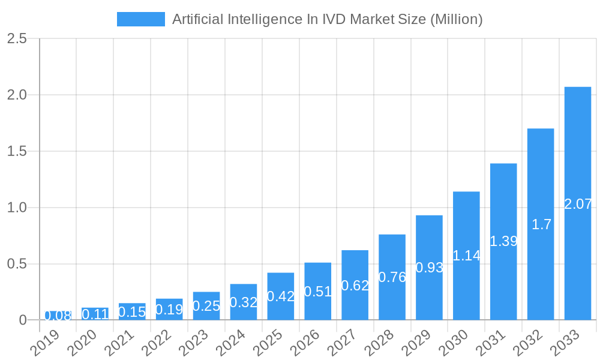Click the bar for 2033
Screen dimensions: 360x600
click(577, 203)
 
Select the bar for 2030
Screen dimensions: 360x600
click(466, 256)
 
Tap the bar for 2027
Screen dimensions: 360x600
click(355, 285)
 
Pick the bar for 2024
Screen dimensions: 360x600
click(244, 302)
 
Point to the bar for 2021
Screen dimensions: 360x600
click(132, 311)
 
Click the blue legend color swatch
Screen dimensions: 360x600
click(140, 19)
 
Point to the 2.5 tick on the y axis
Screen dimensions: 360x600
click(17, 38)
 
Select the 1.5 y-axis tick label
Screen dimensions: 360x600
click(17, 151)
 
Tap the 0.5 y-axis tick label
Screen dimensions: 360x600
click(17, 264)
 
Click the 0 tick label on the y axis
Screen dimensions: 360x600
click(23, 320)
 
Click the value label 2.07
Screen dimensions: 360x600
click(578, 204)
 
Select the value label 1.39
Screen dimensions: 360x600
click(503, 241)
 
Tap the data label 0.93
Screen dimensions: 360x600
click(429, 268)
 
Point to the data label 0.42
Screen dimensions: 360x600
click(280, 296)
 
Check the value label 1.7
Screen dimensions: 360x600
click(541, 224)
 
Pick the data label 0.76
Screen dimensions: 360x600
click(392, 277)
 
